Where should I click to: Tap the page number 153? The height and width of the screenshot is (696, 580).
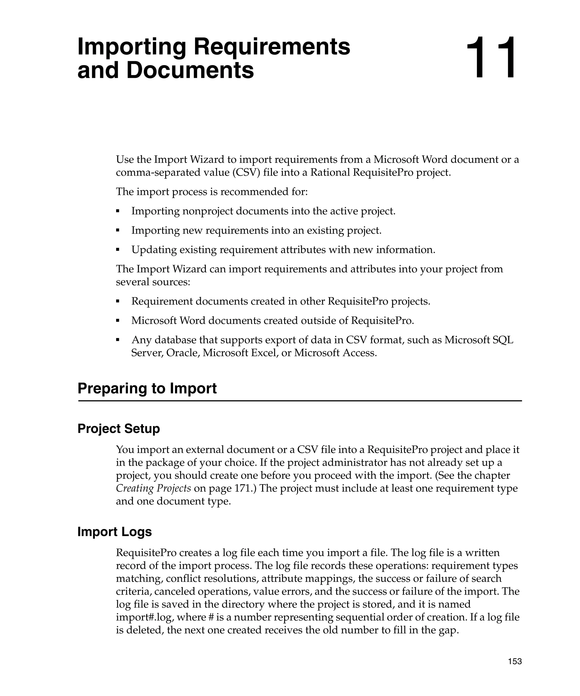pyautogui.click(x=515, y=661)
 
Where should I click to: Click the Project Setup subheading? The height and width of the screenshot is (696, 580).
pyautogui.click(x=118, y=428)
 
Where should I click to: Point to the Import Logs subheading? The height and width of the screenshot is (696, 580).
pyautogui.click(x=114, y=531)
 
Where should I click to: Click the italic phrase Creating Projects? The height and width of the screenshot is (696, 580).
pyautogui.click(x=153, y=488)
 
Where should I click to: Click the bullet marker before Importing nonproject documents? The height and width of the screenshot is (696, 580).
pyautogui.click(x=118, y=211)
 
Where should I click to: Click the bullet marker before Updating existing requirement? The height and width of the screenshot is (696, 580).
pyautogui.click(x=118, y=249)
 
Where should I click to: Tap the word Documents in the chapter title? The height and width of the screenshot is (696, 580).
pyautogui.click(x=190, y=71)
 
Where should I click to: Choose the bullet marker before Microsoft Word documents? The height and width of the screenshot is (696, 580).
pyautogui.click(x=118, y=321)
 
